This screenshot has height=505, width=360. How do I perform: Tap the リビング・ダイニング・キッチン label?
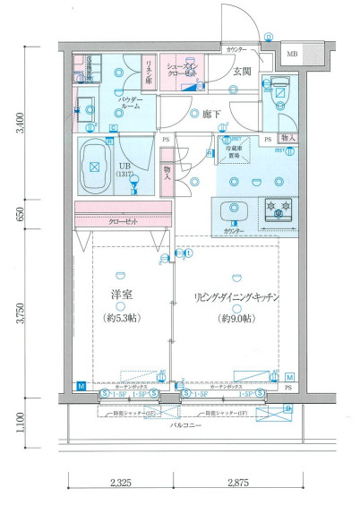tap(236, 297)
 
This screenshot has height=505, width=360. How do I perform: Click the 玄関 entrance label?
tap(243, 72)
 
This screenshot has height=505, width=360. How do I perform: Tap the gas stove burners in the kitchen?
tap(277, 211)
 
